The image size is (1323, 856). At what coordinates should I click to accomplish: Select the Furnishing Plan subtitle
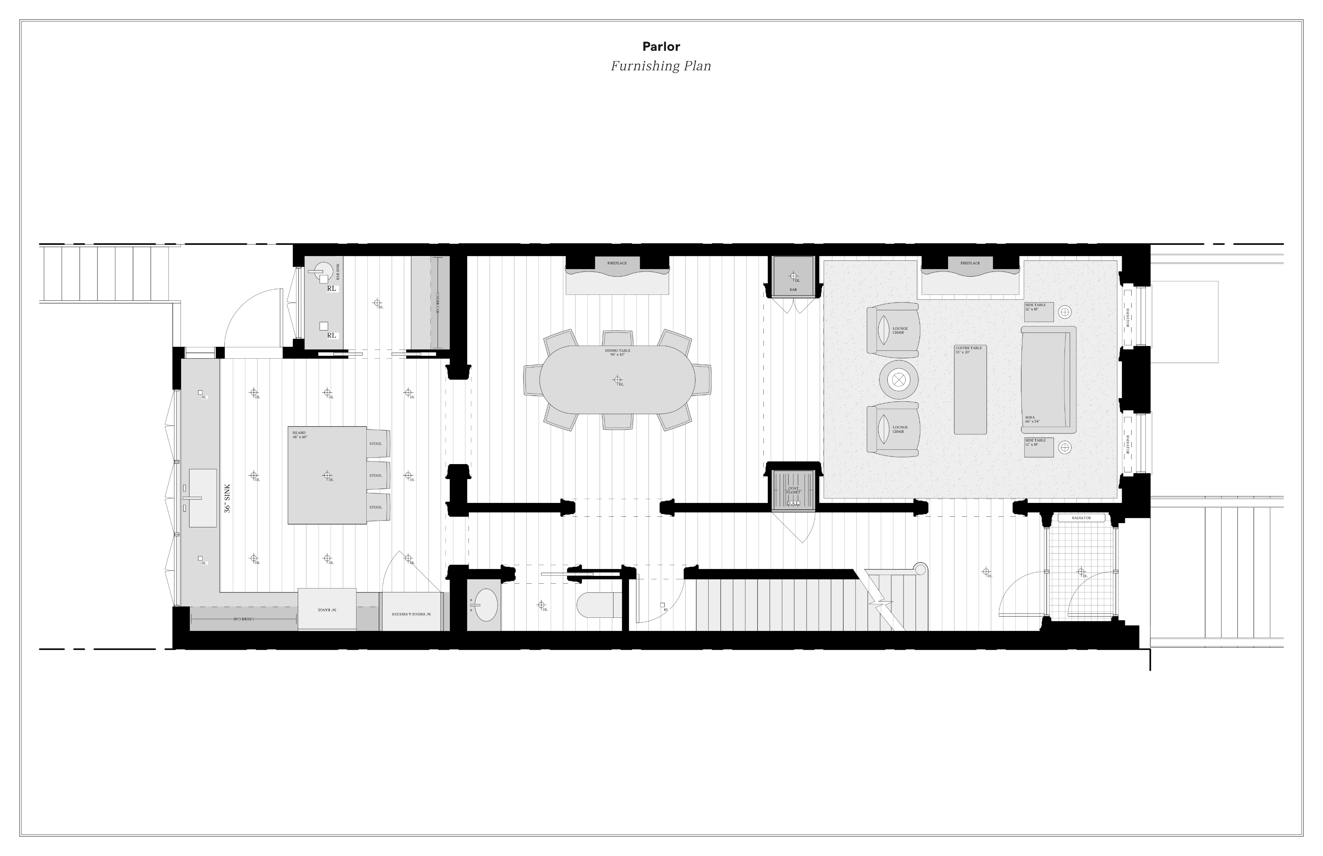661,66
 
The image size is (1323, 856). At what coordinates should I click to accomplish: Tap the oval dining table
617,380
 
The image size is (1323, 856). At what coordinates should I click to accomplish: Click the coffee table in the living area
970,389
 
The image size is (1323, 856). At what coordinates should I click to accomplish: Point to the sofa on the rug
1047,380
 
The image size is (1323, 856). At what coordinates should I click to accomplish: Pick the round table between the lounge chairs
898,380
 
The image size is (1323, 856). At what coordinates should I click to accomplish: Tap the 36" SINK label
227,498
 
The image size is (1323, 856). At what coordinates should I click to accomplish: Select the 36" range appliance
327,609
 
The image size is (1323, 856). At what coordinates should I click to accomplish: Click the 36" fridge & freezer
411,612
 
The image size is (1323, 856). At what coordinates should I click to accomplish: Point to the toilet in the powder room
595,605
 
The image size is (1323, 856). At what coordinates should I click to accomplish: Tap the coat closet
793,489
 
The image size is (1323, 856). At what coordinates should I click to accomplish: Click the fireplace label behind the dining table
617,263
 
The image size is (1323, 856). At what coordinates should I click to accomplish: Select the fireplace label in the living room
970,263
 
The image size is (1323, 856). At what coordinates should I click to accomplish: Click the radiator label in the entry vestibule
1081,518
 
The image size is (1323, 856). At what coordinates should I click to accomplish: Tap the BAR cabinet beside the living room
793,277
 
